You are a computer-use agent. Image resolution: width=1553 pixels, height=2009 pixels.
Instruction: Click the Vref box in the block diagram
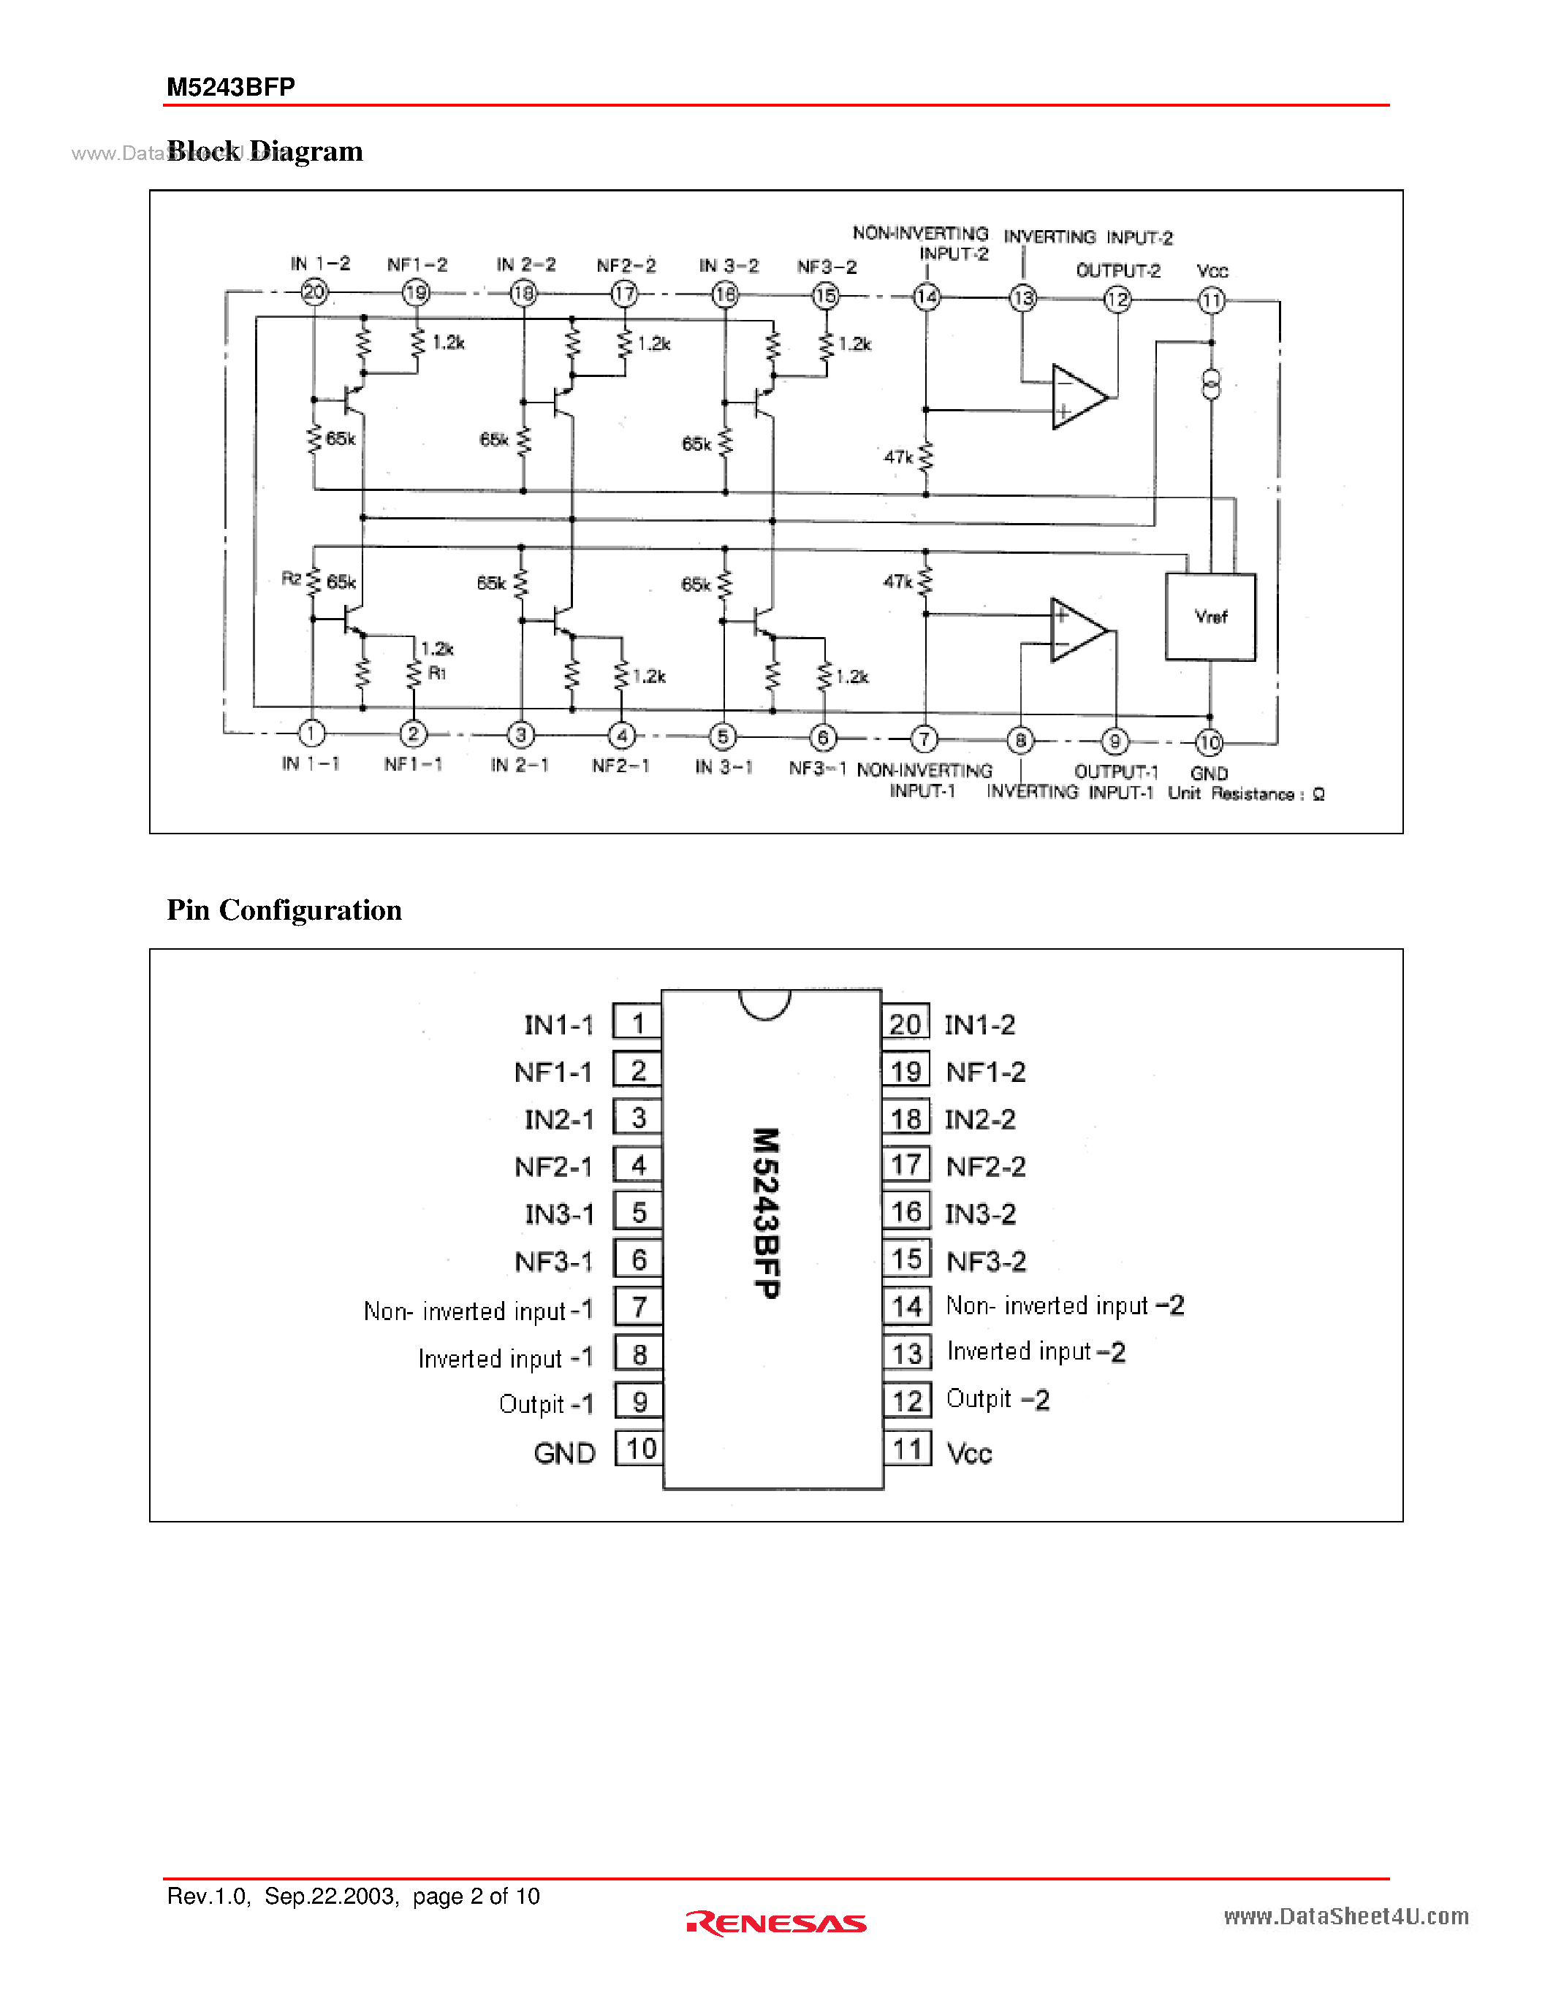pyautogui.click(x=1210, y=617)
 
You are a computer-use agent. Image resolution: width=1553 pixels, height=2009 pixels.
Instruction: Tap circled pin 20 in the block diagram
pyautogui.click(x=314, y=292)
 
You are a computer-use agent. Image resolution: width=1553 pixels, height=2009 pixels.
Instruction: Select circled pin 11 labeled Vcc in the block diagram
pyautogui.click(x=1211, y=300)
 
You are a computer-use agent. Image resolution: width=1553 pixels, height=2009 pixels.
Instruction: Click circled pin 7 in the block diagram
pyautogui.click(x=924, y=739)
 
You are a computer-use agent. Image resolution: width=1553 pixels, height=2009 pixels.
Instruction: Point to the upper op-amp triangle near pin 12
pyautogui.click(x=1078, y=397)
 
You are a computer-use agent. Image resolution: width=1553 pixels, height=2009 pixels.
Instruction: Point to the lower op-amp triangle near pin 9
pyautogui.click(x=1078, y=630)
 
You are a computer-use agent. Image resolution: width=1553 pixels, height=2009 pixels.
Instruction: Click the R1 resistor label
pyautogui.click(x=437, y=674)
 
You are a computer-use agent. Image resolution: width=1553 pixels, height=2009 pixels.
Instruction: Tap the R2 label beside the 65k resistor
pyautogui.click(x=291, y=579)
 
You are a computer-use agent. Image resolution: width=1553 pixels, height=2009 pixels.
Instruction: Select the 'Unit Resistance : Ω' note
pyautogui.click(x=1246, y=794)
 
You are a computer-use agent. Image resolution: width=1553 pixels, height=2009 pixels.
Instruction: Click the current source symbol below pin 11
pyautogui.click(x=1211, y=383)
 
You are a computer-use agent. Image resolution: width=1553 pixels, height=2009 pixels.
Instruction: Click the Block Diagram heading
pyautogui.click(x=265, y=151)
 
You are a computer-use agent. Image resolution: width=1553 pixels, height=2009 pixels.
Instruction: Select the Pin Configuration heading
pyautogui.click(x=284, y=910)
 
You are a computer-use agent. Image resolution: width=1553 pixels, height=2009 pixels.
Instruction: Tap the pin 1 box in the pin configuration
pyautogui.click(x=637, y=1023)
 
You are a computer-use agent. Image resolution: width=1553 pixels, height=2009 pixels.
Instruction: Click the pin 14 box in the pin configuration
pyautogui.click(x=907, y=1306)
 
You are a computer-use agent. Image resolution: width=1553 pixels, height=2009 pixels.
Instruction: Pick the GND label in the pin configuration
pyautogui.click(x=564, y=1453)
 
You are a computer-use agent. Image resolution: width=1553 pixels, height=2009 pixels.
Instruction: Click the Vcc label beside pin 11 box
pyautogui.click(x=970, y=1453)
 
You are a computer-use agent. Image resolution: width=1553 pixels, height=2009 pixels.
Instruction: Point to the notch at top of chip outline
pyautogui.click(x=764, y=1004)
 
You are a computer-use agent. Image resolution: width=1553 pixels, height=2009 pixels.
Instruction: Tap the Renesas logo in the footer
pyautogui.click(x=775, y=1924)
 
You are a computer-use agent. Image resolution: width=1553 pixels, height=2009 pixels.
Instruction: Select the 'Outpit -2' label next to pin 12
pyautogui.click(x=998, y=1399)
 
